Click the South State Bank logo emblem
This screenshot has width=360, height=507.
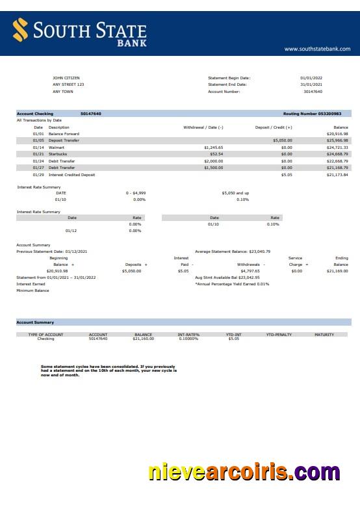coord(21,30)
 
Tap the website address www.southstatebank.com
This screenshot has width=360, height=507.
coord(317,49)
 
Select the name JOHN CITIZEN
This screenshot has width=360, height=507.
coord(66,78)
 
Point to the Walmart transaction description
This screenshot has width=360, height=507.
coord(57,148)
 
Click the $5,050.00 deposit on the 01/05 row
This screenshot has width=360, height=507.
coord(283,140)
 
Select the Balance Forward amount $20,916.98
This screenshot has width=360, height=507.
coord(337,134)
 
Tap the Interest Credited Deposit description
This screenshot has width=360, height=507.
coord(71,175)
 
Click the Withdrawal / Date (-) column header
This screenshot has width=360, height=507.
coord(203,127)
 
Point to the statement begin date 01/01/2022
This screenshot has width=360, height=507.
coord(311,78)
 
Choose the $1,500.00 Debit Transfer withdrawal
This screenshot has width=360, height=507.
coord(213,168)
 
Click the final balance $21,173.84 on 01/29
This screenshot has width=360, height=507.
coord(337,175)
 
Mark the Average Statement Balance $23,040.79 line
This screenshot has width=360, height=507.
coord(233,251)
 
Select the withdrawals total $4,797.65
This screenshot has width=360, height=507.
coord(250,271)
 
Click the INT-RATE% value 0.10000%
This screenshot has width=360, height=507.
coord(188,339)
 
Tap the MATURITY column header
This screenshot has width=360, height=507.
coord(324,335)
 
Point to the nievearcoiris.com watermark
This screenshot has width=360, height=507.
coord(244,472)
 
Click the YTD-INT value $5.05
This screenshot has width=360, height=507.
coord(233,339)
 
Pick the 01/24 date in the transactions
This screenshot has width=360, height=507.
coord(38,161)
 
